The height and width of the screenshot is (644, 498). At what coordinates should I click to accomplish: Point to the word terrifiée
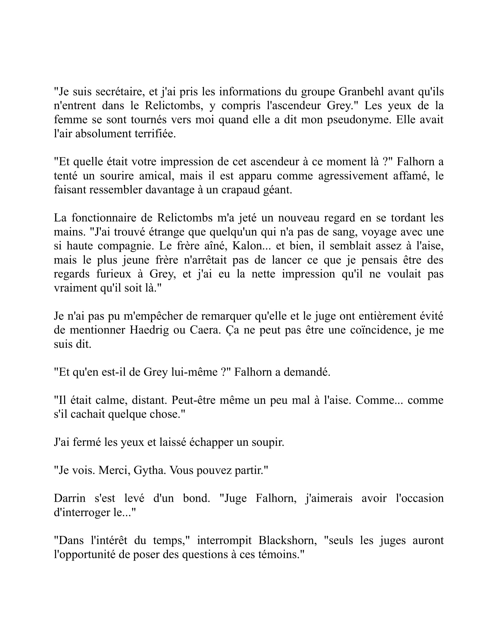click(x=155, y=134)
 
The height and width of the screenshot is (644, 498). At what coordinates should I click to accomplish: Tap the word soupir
click(x=267, y=442)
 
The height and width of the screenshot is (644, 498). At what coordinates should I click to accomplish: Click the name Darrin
click(x=70, y=498)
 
